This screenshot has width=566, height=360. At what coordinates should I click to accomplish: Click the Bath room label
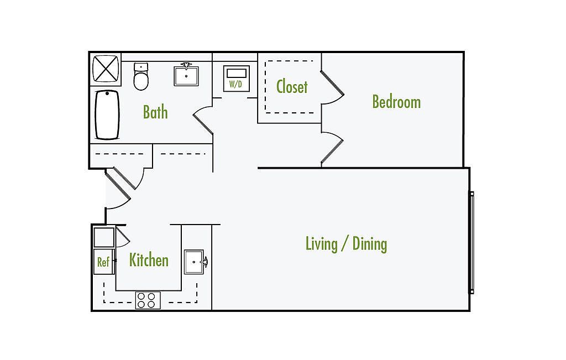pos(155,112)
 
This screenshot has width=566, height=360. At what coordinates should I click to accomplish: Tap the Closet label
pos(292,87)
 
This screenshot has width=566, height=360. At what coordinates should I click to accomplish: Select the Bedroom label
pos(396,102)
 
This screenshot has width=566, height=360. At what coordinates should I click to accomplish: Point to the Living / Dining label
pos(346,243)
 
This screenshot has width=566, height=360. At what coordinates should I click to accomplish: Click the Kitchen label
pos(149,260)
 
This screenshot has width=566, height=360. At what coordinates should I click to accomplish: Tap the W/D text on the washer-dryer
pos(236,85)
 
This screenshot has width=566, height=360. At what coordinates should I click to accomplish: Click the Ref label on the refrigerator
pos(103,262)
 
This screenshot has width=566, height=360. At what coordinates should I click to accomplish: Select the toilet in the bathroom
pos(141,77)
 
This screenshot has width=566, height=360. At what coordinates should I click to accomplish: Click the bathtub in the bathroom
pos(107,114)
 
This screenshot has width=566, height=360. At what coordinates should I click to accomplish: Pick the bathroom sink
pos(186,75)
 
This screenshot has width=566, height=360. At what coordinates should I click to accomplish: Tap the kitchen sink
pos(195,261)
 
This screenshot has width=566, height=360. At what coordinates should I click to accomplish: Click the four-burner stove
pos(148,300)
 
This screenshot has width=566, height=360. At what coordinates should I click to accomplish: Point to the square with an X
pos(104,69)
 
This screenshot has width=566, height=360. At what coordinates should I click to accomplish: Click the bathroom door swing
pos(202,123)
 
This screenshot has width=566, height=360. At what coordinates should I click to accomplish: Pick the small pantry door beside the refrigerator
pos(122,237)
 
